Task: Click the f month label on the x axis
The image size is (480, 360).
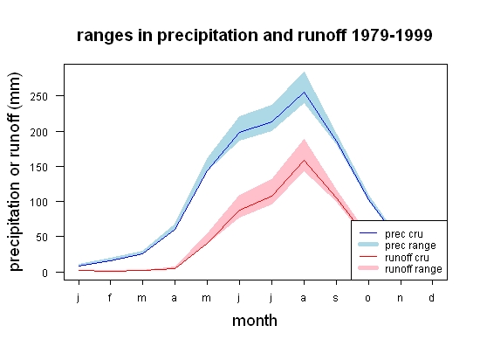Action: click(110, 297)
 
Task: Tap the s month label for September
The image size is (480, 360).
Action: click(336, 299)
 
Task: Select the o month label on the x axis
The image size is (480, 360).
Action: click(368, 299)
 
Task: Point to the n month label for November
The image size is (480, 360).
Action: click(400, 299)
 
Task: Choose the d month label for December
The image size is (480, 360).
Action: click(432, 297)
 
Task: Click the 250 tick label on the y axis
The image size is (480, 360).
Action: click(39, 97)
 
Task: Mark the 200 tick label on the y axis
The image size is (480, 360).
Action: click(39, 132)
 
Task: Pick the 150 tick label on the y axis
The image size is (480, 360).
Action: click(39, 167)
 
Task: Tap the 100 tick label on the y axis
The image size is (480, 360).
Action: click(39, 202)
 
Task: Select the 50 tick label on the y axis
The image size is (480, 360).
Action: click(42, 238)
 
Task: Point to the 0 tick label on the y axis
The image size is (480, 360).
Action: click(45, 273)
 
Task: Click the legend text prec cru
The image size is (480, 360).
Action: click(404, 234)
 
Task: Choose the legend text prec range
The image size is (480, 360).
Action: click(410, 246)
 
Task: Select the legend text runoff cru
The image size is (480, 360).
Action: click(407, 258)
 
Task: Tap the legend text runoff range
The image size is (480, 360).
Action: click(414, 269)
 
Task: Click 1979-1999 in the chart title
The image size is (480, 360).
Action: click(392, 35)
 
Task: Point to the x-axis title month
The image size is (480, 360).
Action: click(255, 321)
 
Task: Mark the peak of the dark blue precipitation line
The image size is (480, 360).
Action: click(304, 93)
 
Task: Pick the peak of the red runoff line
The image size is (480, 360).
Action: click(304, 160)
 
